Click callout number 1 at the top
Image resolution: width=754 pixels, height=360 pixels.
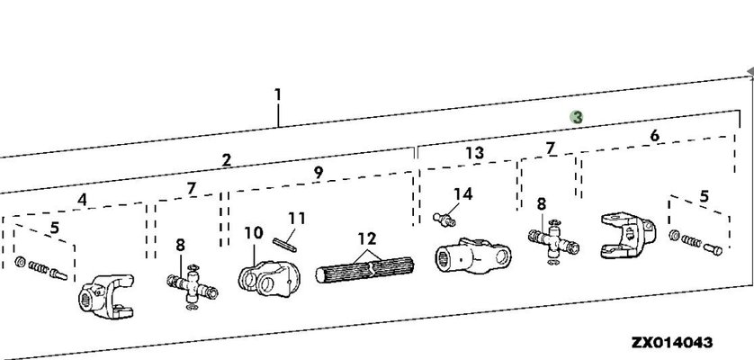pyautogui.click(x=277, y=94)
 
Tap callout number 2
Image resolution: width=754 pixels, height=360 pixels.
pyautogui.click(x=227, y=160)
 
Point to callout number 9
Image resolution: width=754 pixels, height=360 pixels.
pyautogui.click(x=319, y=172)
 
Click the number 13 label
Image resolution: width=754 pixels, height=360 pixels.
pyautogui.click(x=474, y=153)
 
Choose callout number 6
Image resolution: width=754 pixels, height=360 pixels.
pyautogui.click(x=654, y=135)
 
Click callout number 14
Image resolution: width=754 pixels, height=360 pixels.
pyautogui.click(x=462, y=194)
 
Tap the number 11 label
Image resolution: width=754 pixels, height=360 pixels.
pyautogui.click(x=297, y=218)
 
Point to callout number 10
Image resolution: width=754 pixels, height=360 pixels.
pyautogui.click(x=254, y=234)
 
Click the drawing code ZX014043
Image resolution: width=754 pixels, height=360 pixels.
pyautogui.click(x=672, y=342)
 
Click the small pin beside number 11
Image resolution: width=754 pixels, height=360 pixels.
pyautogui.click(x=283, y=242)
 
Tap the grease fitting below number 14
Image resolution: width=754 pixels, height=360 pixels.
pyautogui.click(x=443, y=215)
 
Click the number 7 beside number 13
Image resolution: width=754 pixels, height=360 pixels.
pyautogui.click(x=550, y=148)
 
